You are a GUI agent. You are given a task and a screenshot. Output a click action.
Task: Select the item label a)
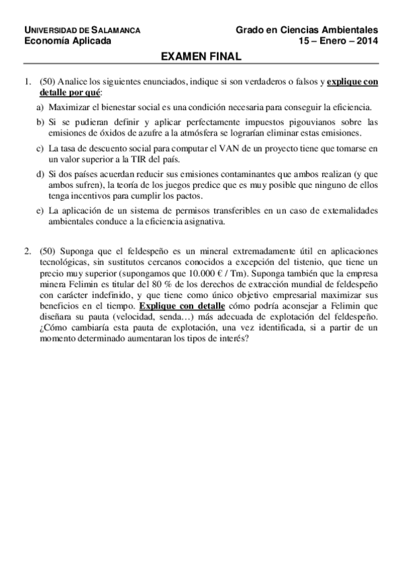(x=40, y=107)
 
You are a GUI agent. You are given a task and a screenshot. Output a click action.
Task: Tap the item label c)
(x=40, y=148)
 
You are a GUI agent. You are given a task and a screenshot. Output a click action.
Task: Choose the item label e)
(x=40, y=211)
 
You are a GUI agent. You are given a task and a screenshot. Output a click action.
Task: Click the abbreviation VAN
(x=232, y=148)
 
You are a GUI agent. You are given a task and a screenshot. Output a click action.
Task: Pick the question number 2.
(x=27, y=250)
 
